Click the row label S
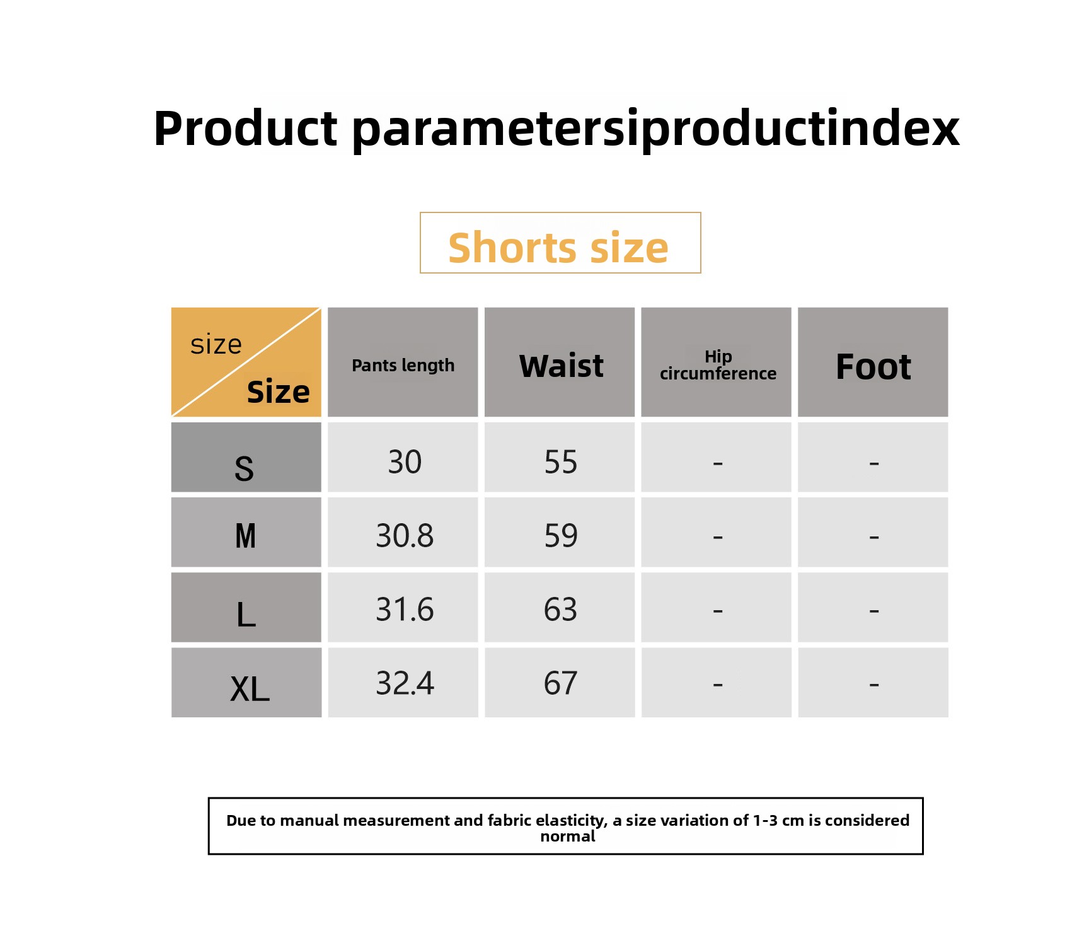244,469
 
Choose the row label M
245,536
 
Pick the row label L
246,614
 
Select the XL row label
250,689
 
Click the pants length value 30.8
405,536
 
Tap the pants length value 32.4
405,683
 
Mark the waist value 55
561,462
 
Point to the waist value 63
561,610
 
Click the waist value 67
561,683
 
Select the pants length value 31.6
405,610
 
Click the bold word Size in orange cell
278,392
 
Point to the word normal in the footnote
568,836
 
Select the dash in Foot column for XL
873,684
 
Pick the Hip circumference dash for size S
717,463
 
